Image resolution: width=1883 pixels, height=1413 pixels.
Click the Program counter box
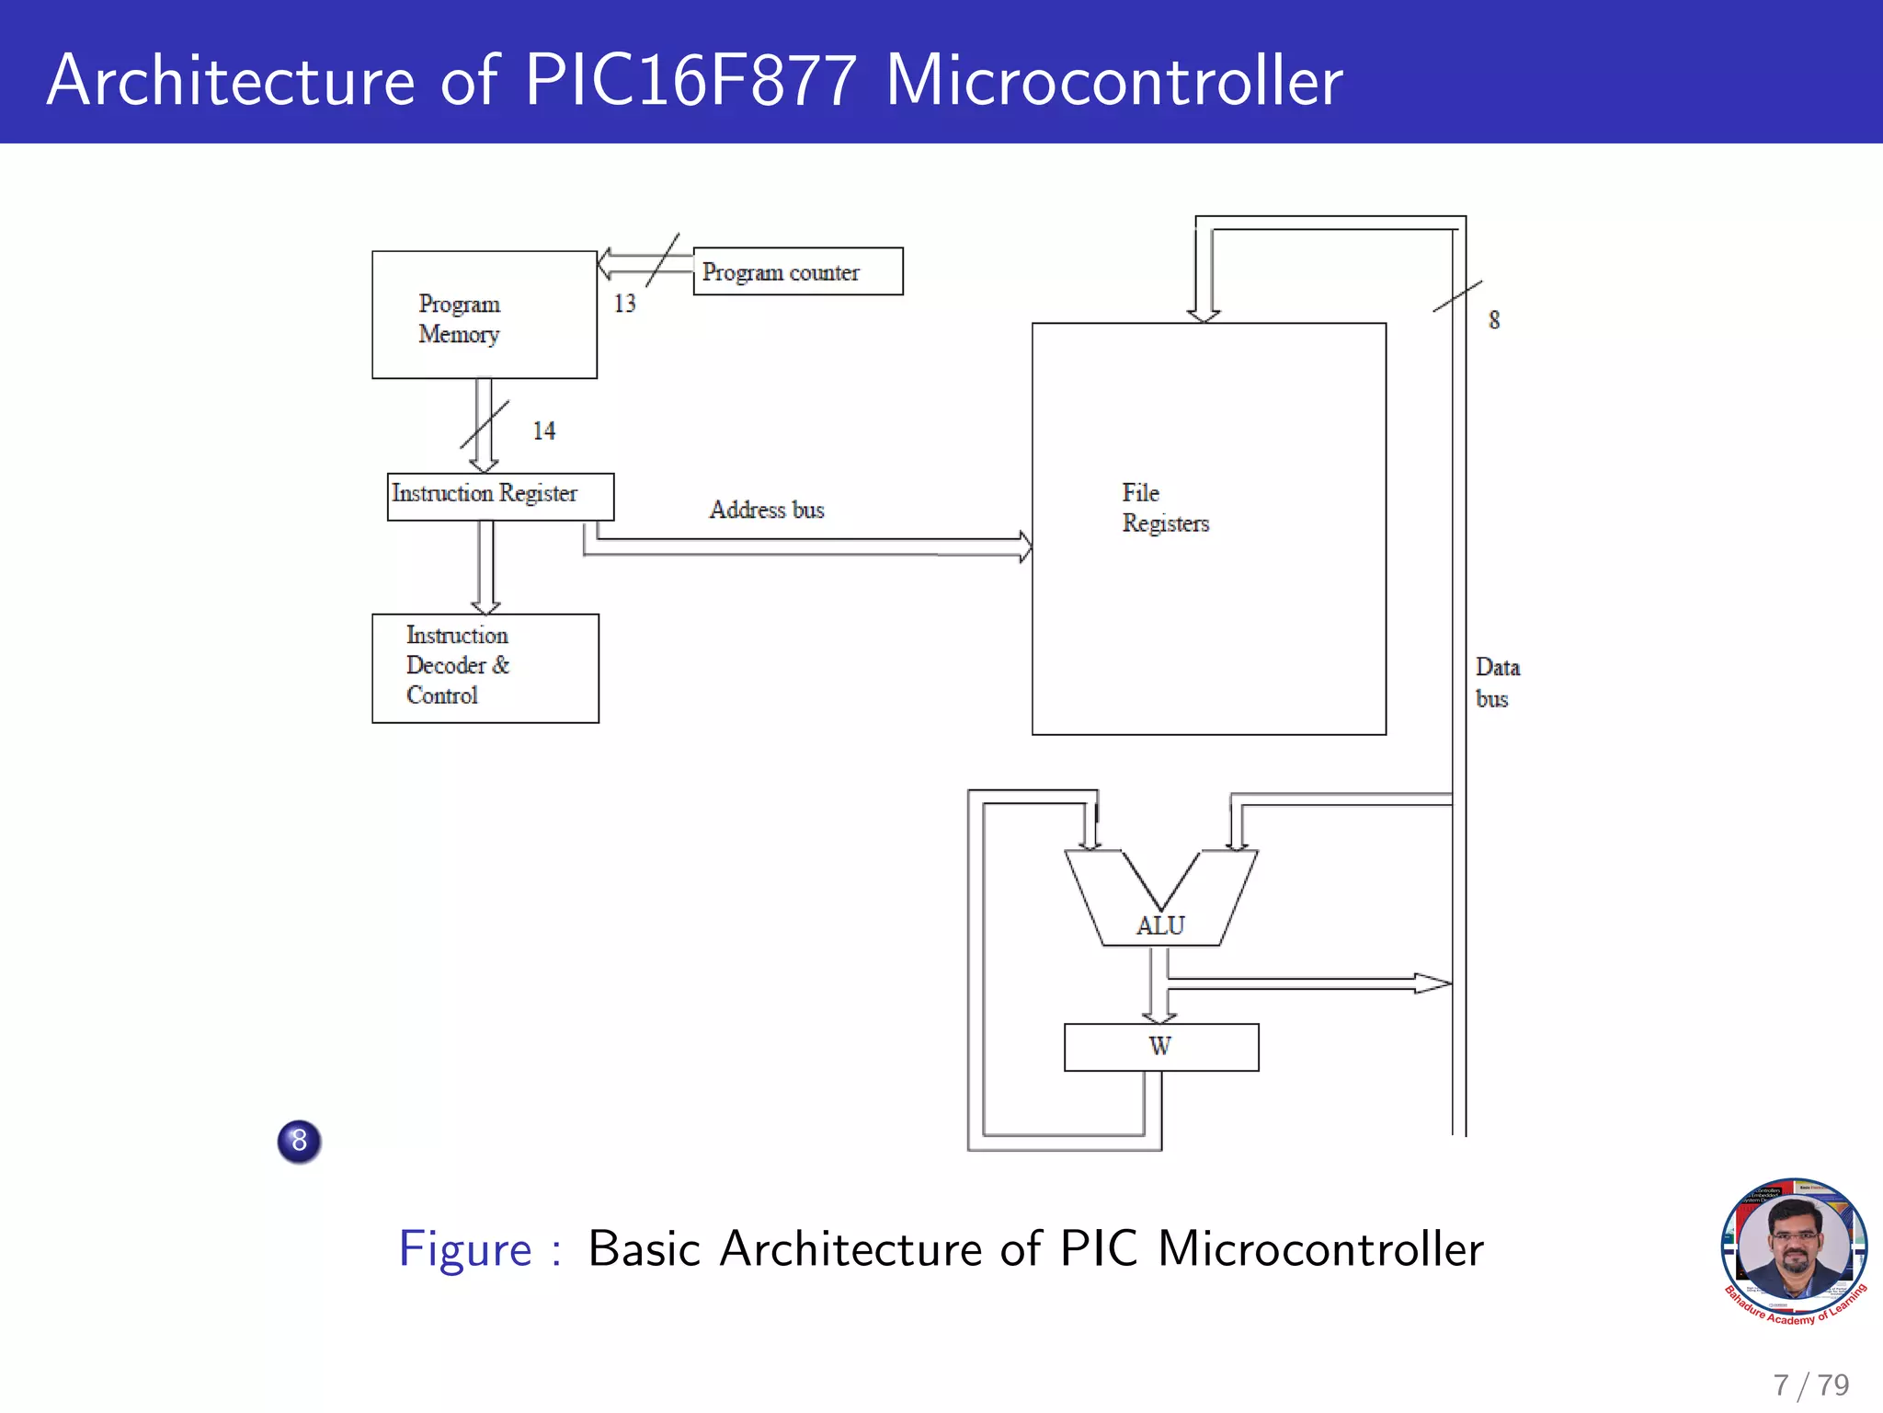point(797,271)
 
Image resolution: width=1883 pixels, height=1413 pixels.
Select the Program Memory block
point(484,316)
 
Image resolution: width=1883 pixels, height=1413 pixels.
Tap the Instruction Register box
point(499,496)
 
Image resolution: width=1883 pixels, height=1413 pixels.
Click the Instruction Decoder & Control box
point(485,668)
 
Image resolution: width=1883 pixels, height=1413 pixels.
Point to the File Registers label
point(1165,508)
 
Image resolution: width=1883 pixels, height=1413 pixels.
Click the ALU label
point(1160,925)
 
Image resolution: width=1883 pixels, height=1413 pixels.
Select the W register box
point(1160,1047)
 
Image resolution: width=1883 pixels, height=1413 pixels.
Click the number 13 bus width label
point(625,304)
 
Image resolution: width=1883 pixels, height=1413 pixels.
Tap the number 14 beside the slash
point(543,431)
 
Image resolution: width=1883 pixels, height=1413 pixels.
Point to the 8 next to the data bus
point(1494,320)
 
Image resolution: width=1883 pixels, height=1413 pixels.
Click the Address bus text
point(766,510)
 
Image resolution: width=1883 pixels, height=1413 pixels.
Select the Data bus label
point(1497,683)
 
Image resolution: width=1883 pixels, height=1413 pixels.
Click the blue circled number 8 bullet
point(299,1141)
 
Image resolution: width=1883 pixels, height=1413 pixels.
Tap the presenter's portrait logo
point(1794,1250)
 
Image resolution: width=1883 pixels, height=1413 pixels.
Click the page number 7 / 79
point(1810,1384)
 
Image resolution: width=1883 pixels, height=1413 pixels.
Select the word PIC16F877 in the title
point(690,81)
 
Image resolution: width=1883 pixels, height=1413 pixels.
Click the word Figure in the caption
point(465,1249)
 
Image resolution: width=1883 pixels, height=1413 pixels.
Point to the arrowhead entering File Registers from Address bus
point(1025,546)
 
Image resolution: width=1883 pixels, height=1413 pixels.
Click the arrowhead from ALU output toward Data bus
point(1432,983)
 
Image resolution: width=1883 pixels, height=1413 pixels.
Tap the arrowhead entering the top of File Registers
point(1204,316)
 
